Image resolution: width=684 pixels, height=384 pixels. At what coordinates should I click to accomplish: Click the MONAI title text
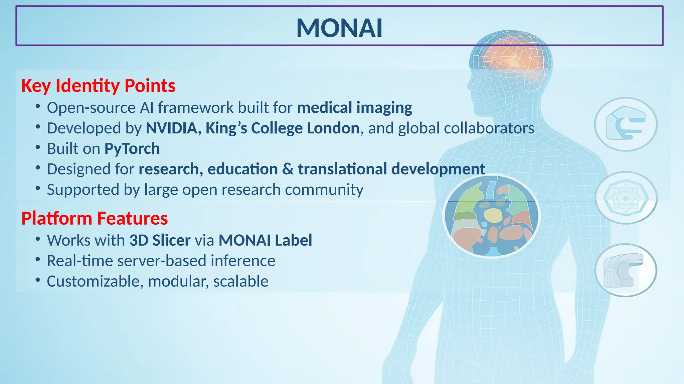339,28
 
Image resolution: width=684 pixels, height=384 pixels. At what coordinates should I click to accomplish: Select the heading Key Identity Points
98,86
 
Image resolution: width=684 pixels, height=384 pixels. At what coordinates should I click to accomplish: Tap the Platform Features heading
95,218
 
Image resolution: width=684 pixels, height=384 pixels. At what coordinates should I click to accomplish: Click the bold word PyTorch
132,149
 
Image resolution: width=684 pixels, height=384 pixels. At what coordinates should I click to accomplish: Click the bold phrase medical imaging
355,108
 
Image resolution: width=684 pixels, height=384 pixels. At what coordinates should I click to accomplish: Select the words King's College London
282,128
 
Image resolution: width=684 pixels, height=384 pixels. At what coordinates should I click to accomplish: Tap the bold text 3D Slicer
160,240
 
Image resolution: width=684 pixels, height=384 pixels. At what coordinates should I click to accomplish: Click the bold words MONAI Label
265,240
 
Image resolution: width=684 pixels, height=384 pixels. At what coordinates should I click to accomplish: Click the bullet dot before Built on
38,147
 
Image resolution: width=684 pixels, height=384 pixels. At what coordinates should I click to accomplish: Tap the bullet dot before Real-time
38,259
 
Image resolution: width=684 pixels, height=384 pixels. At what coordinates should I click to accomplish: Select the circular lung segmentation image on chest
491,216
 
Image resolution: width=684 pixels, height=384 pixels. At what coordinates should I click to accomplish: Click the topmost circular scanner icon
626,124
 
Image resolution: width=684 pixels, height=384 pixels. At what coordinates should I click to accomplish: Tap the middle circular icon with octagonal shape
626,198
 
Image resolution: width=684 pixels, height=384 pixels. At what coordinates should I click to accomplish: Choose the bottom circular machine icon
626,270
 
